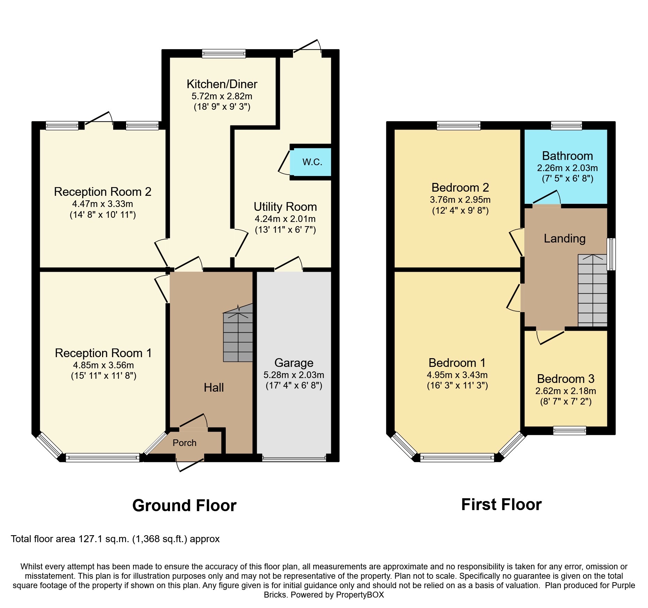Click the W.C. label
pos(312,162)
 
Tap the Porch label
pos(184,443)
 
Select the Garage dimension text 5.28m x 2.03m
pos(294,375)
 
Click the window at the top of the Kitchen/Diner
pos(224,53)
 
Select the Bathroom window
pos(566,125)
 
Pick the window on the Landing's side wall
pos(611,254)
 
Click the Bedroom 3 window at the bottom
pos(570,431)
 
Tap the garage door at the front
pos(294,459)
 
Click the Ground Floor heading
pos(184,505)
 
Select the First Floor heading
pos(501,505)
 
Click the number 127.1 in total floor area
pos(90,539)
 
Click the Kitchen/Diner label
pos(222,84)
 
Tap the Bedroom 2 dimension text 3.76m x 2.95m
pos(460,200)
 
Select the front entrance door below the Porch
pos(190,465)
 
